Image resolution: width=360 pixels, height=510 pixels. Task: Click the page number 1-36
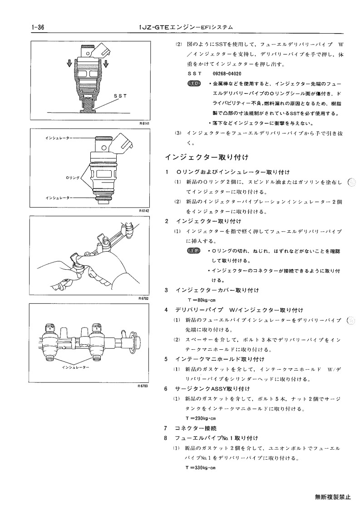point(38,28)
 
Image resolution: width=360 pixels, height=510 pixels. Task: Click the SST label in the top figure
point(120,96)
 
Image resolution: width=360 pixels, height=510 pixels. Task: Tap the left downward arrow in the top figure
point(69,63)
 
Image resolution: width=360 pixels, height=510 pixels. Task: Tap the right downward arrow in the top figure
point(106,64)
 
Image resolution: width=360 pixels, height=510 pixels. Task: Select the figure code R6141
point(144,124)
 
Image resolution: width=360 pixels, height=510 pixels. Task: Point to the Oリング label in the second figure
point(73,178)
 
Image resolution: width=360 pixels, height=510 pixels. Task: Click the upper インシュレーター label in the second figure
point(59,138)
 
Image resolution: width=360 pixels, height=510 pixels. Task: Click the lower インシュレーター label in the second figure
point(59,198)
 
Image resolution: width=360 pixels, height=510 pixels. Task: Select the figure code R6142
point(144,211)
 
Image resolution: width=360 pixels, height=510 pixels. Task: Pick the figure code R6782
point(143,298)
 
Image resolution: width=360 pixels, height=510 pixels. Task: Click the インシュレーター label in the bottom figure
point(75,367)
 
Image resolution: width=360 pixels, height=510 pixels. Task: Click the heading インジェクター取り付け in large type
point(207,158)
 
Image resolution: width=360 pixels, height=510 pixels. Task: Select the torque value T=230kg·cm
point(201,419)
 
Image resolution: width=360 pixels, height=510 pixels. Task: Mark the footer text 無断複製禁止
point(333,497)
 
